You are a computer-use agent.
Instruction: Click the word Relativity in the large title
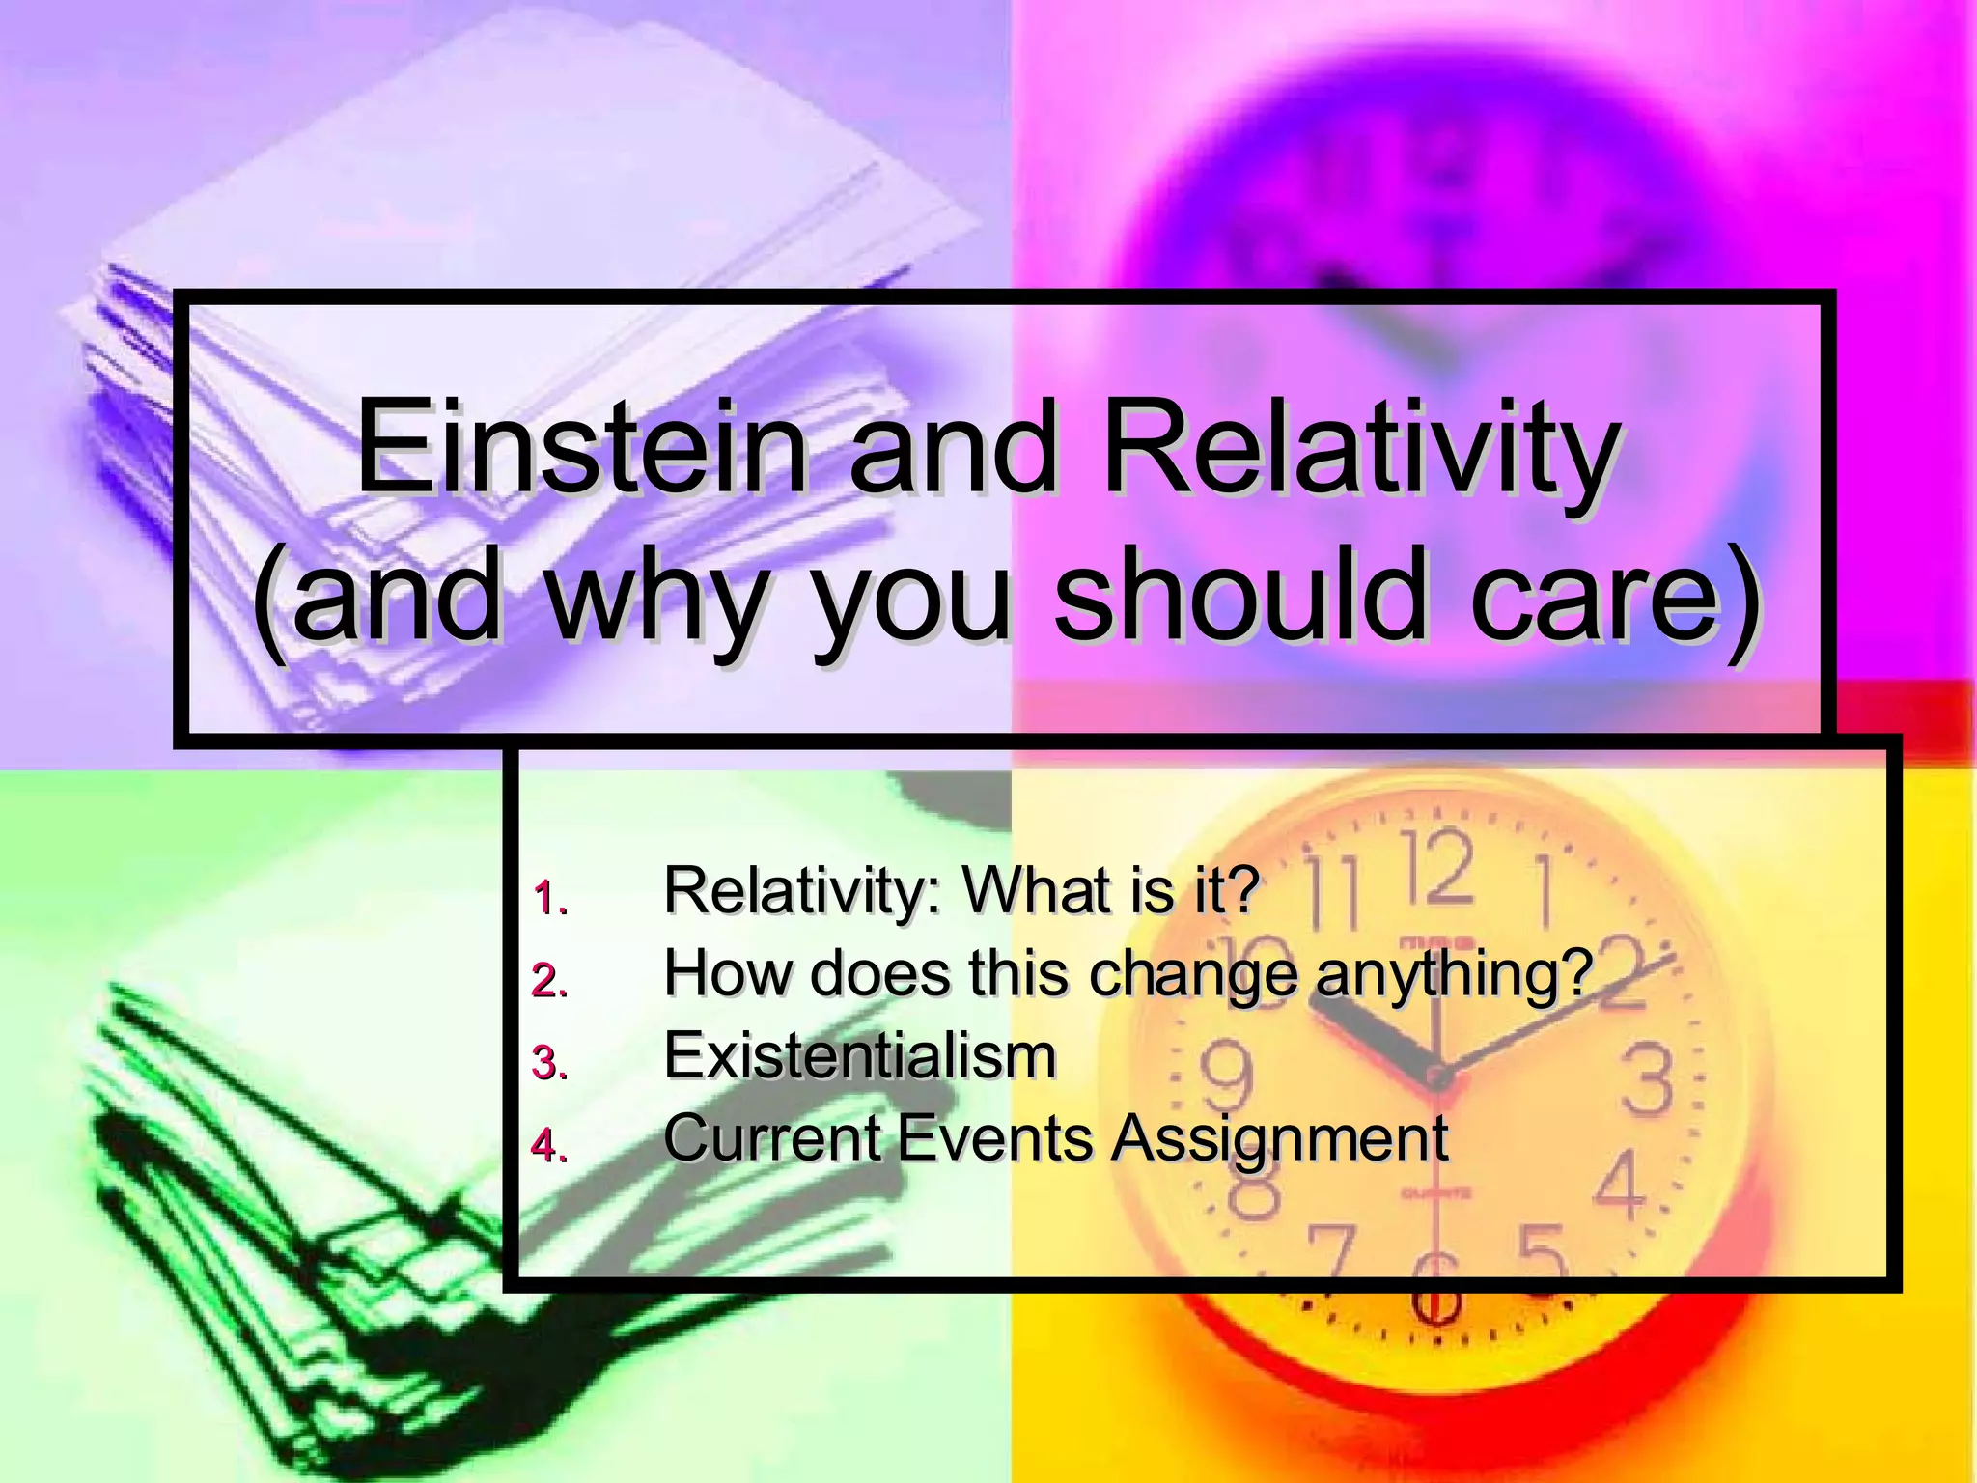(x=1359, y=450)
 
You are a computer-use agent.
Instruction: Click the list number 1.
(x=550, y=898)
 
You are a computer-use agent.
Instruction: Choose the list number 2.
(x=550, y=981)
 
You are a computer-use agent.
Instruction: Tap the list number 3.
(x=550, y=1063)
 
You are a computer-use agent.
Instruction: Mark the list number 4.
(x=550, y=1146)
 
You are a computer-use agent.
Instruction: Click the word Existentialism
(x=860, y=1055)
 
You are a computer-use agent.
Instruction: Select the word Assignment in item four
(x=1279, y=1139)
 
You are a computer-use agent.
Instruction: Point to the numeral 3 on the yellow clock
(x=1646, y=1078)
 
